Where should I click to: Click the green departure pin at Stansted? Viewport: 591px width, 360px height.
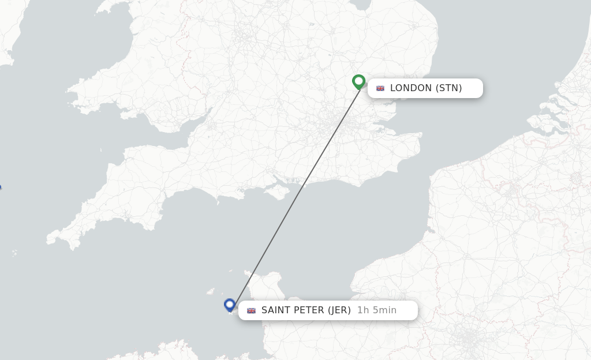[358, 81]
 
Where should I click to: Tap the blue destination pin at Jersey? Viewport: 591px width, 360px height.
[230, 304]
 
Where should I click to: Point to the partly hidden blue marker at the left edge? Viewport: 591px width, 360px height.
[0, 187]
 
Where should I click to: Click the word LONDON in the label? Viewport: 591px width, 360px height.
[410, 88]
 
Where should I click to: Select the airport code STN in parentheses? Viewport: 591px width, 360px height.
[448, 88]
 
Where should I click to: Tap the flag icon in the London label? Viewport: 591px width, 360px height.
[380, 88]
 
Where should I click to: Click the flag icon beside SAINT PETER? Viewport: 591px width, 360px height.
[251, 310]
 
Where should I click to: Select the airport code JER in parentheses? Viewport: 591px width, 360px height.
[339, 310]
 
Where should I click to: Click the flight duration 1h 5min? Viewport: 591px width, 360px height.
[376, 310]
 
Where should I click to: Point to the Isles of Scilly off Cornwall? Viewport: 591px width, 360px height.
[14, 253]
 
